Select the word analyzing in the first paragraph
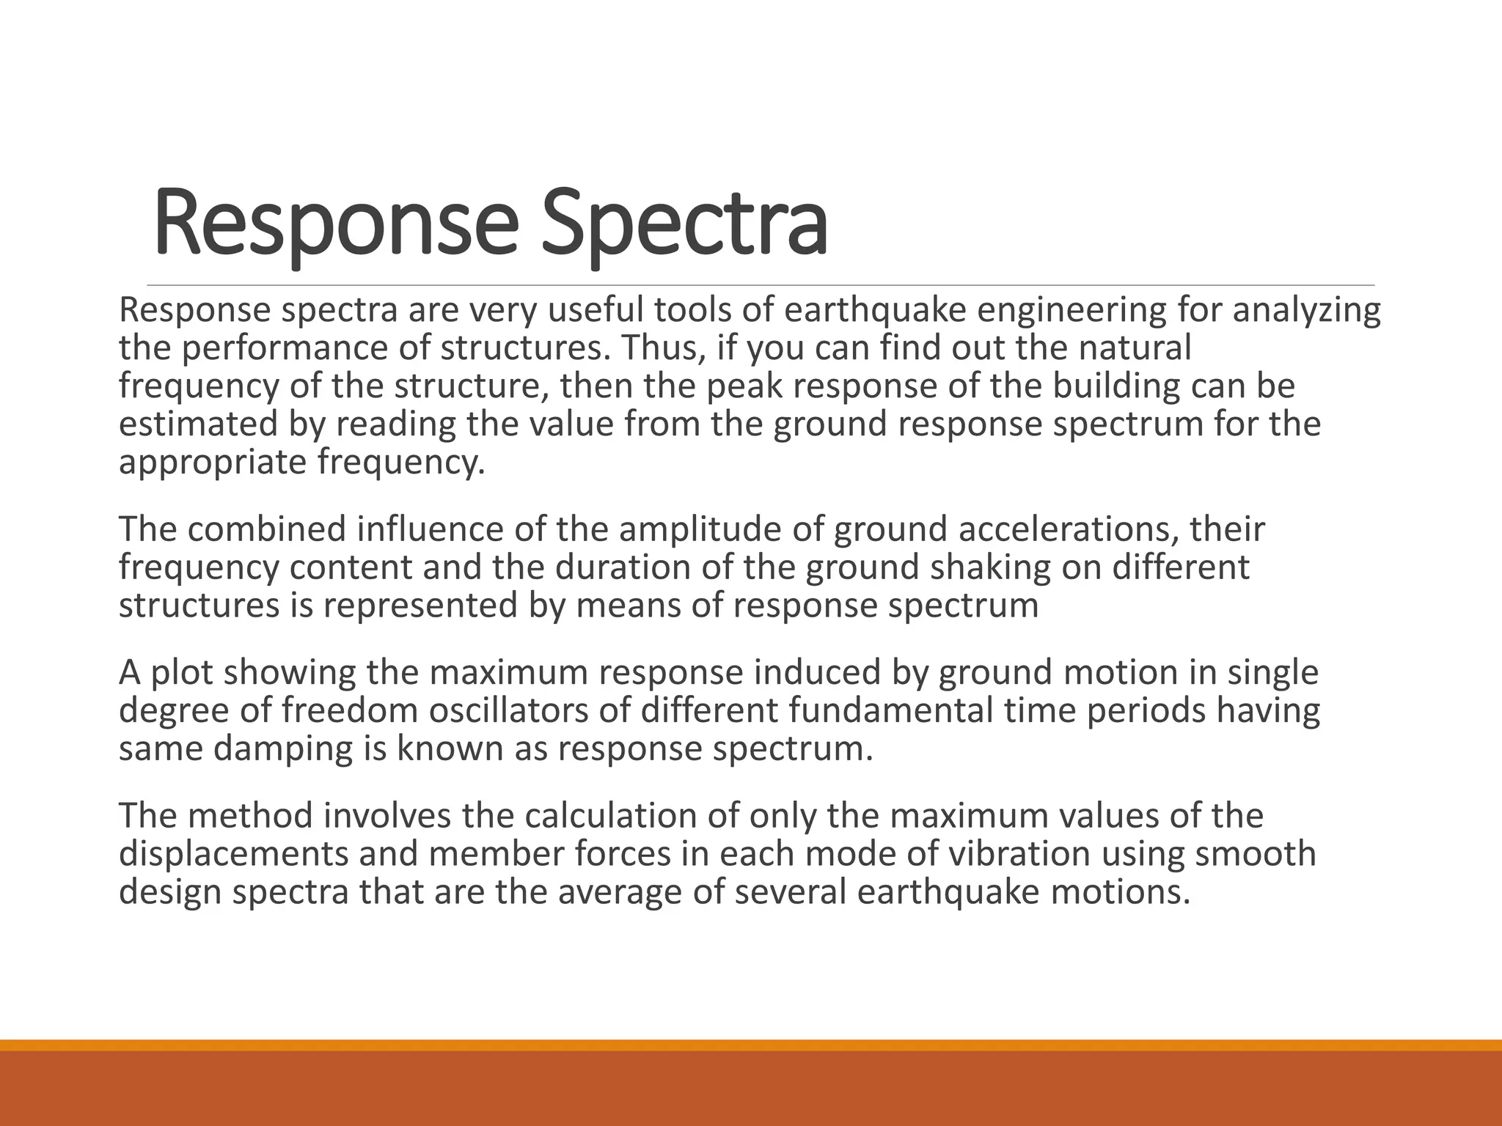click(x=1306, y=311)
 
